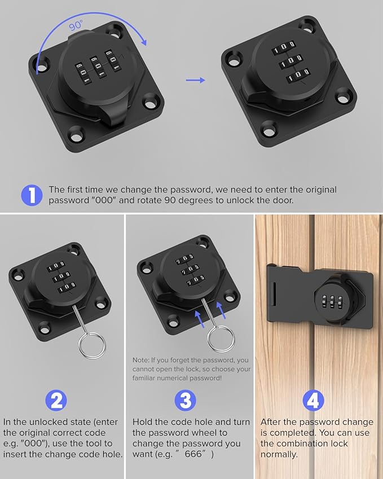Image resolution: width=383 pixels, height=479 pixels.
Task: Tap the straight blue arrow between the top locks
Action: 195,81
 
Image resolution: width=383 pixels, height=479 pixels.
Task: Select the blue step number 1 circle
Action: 32,195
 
